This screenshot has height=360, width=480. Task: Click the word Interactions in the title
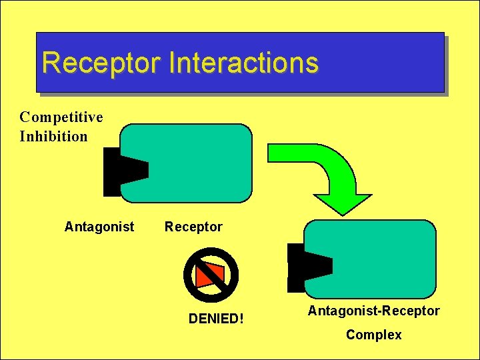(x=244, y=63)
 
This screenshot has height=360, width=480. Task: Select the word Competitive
(x=61, y=117)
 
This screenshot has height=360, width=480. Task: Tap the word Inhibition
(x=53, y=137)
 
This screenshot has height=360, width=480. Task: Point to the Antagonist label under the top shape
(x=99, y=227)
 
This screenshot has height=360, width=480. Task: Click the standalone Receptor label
(x=193, y=227)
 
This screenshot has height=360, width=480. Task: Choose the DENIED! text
(x=216, y=319)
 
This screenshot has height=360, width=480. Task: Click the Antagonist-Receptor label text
(x=374, y=311)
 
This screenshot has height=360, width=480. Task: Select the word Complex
(x=374, y=335)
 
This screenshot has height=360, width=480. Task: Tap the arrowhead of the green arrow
(x=343, y=203)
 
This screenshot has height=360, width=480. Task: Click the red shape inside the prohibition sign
(x=211, y=274)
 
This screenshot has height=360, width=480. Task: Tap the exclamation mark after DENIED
(x=241, y=319)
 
